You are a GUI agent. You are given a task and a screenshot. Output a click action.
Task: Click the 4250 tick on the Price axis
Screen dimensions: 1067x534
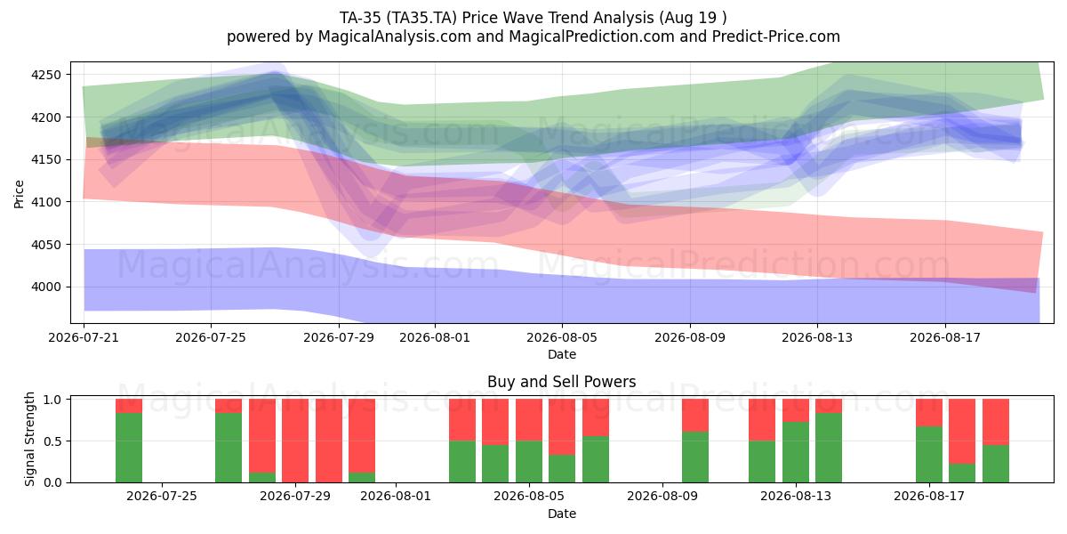point(46,75)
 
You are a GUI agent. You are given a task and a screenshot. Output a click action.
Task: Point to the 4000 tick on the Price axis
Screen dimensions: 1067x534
point(46,287)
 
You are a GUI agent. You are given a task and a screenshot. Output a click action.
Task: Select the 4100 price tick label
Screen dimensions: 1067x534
point(46,202)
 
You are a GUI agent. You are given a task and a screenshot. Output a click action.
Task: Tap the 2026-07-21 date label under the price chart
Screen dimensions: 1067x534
point(84,337)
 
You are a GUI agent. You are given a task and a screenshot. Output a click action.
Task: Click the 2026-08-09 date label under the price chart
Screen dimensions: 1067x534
point(690,337)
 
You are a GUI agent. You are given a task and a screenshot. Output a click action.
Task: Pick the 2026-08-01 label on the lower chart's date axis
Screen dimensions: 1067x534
point(396,497)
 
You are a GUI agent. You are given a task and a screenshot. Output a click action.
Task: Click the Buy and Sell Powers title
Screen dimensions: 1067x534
point(562,382)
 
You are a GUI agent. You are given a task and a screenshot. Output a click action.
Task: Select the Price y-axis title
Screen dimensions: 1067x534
point(19,194)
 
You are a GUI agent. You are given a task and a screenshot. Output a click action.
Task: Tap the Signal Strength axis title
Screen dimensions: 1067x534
point(29,439)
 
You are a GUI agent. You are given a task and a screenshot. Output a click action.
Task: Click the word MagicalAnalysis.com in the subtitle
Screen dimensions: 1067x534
point(395,36)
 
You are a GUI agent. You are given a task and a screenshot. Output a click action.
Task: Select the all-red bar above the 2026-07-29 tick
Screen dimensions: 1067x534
point(295,441)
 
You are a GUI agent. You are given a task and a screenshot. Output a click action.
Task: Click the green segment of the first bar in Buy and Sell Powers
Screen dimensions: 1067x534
point(129,448)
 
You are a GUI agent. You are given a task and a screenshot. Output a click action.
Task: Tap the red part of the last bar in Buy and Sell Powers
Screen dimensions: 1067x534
point(996,422)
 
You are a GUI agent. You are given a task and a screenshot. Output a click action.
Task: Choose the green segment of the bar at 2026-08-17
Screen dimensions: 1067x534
point(929,455)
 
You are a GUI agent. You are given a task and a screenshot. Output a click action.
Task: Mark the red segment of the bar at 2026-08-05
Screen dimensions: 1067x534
point(529,420)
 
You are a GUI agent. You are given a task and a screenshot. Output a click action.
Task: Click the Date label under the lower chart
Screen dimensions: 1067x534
point(562,514)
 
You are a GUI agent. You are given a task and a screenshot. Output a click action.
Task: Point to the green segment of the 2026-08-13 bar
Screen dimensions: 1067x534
point(796,452)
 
